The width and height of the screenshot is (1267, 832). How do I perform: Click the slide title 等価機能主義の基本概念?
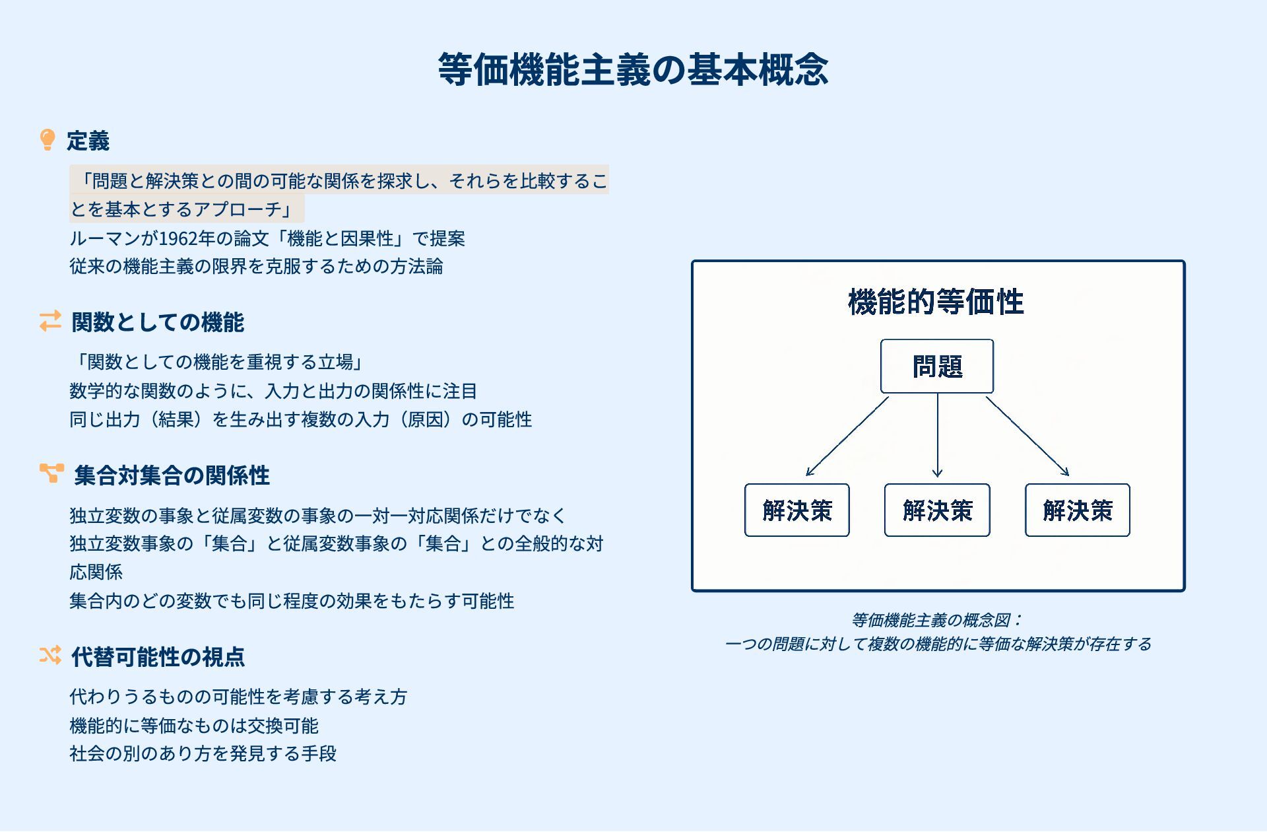point(633,69)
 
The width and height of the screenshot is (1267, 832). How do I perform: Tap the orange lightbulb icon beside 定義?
point(48,140)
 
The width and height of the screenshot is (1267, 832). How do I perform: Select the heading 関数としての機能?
point(158,322)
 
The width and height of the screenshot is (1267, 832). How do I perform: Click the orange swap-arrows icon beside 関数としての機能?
point(50,322)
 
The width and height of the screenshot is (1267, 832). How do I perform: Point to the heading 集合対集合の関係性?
point(172,475)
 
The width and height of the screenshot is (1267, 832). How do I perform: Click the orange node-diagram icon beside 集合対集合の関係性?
point(51,473)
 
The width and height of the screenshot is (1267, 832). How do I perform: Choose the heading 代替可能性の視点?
point(158,657)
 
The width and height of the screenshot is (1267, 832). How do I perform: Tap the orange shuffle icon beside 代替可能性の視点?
point(50,655)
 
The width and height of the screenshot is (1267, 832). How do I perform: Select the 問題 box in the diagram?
point(936,366)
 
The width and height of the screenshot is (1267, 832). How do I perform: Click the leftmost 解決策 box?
point(796,510)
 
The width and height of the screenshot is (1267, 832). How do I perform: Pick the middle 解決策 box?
point(937,510)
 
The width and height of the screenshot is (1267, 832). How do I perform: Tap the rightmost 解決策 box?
point(1077,510)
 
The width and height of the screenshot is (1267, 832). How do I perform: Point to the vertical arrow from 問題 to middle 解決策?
point(937,436)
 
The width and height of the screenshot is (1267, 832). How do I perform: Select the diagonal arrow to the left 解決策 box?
point(847,436)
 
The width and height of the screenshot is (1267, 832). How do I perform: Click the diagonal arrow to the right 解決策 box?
point(1027,436)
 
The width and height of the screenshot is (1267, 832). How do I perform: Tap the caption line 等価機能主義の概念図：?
point(937,620)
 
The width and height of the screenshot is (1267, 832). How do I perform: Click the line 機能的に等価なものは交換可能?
point(194,726)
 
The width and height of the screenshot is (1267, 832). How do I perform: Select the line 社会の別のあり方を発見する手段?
point(203,753)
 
